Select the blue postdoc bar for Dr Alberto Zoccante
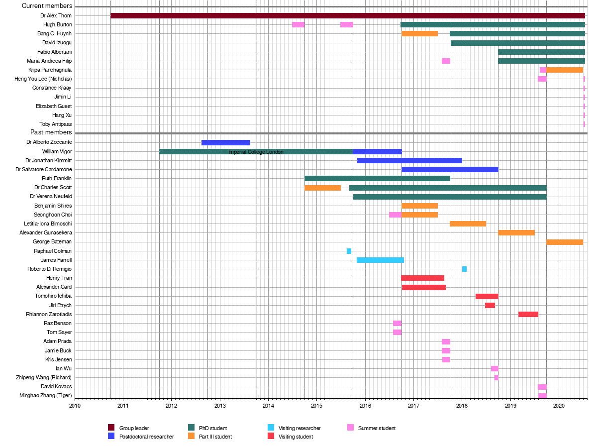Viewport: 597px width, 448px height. click(x=226, y=142)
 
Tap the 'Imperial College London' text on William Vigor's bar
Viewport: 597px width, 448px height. click(x=256, y=152)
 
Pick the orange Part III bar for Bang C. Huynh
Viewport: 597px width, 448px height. click(x=420, y=33)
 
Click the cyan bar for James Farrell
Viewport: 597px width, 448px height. click(x=380, y=260)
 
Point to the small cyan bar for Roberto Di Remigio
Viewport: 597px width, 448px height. click(x=464, y=269)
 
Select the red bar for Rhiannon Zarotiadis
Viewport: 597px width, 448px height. click(x=528, y=314)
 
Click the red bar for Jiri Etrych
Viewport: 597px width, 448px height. click(x=490, y=305)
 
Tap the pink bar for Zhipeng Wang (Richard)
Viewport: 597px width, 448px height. click(x=496, y=377)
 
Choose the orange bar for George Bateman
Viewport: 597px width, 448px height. click(x=565, y=242)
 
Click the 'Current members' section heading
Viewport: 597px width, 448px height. click(x=47, y=6)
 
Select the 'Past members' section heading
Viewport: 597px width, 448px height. click(x=51, y=132)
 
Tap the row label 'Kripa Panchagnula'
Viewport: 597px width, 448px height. click(x=50, y=70)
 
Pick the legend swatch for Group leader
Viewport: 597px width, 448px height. click(x=111, y=428)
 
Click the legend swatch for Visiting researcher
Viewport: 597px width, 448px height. click(x=271, y=428)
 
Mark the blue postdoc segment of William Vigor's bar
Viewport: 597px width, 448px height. click(x=377, y=151)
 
